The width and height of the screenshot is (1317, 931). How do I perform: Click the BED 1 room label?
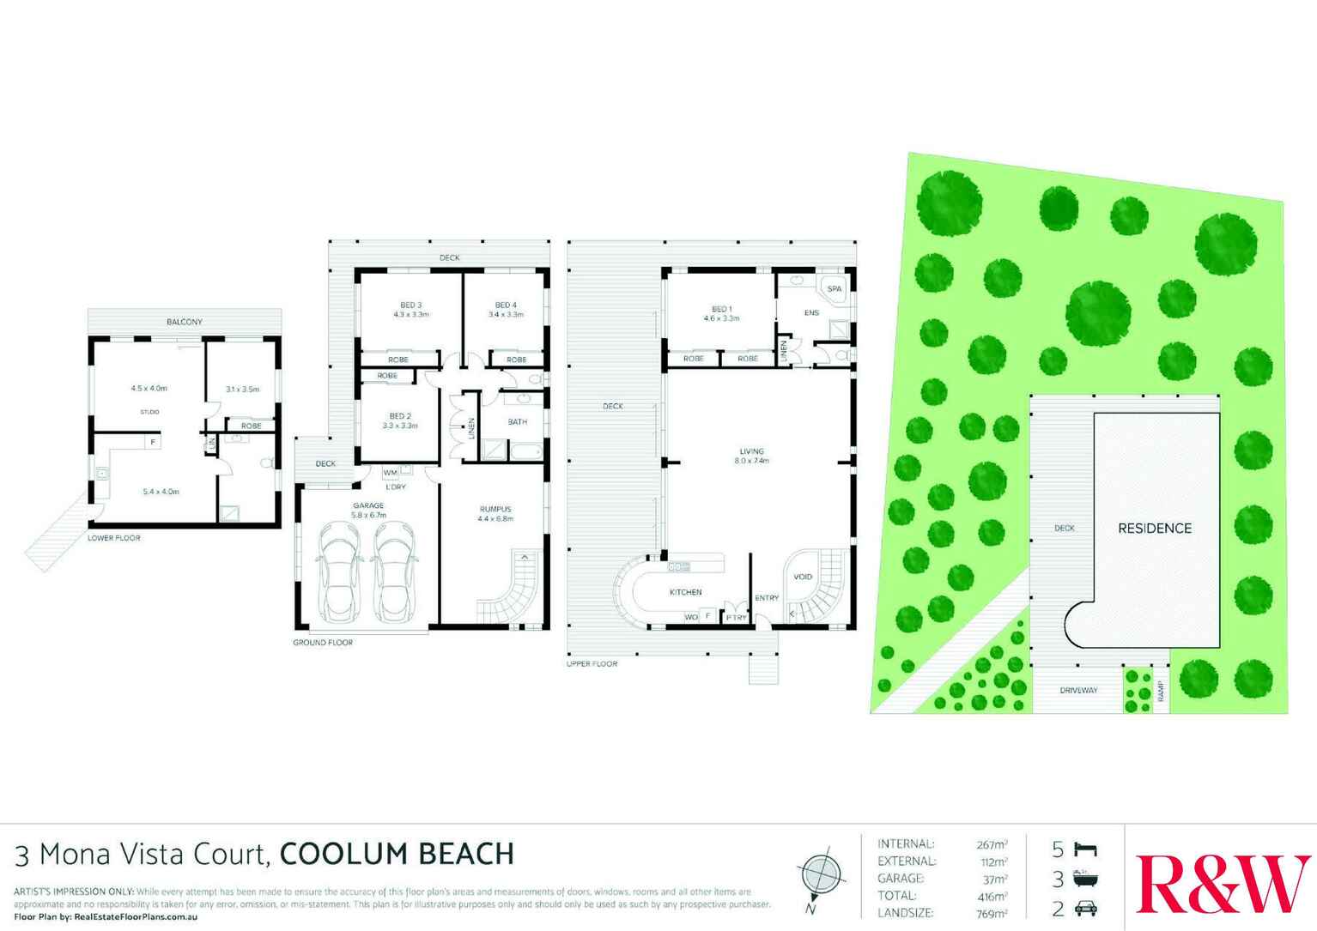pyautogui.click(x=721, y=309)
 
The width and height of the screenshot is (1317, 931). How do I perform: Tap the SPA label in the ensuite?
pyautogui.click(x=834, y=289)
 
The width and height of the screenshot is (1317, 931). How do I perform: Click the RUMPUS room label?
pyautogui.click(x=495, y=509)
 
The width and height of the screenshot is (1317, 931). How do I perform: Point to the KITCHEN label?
pyautogui.click(x=685, y=592)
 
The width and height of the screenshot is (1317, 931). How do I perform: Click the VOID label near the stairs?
pyautogui.click(x=802, y=577)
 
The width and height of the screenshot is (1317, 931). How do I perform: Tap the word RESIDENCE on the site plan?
pyautogui.click(x=1154, y=529)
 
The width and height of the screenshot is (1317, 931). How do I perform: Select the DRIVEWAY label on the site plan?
pyautogui.click(x=1077, y=690)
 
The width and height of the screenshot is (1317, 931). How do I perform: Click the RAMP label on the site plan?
pyautogui.click(x=1160, y=690)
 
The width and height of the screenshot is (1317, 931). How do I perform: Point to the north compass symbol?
pyautogui.click(x=821, y=876)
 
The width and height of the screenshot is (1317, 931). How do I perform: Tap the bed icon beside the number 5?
pyautogui.click(x=1085, y=849)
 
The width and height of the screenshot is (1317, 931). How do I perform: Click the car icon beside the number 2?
pyautogui.click(x=1085, y=908)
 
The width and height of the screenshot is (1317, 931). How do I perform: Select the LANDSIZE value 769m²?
pyautogui.click(x=992, y=913)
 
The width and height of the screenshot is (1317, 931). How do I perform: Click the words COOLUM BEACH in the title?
pyautogui.click(x=397, y=854)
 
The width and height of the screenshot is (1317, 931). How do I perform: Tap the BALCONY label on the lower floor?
pyautogui.click(x=184, y=322)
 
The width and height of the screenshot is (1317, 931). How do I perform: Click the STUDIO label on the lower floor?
pyautogui.click(x=149, y=412)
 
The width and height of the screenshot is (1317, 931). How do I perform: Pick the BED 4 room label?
pyautogui.click(x=506, y=305)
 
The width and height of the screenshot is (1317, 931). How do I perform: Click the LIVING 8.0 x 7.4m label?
pyautogui.click(x=751, y=456)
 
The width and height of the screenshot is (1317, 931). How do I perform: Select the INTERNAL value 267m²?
pyautogui.click(x=992, y=844)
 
